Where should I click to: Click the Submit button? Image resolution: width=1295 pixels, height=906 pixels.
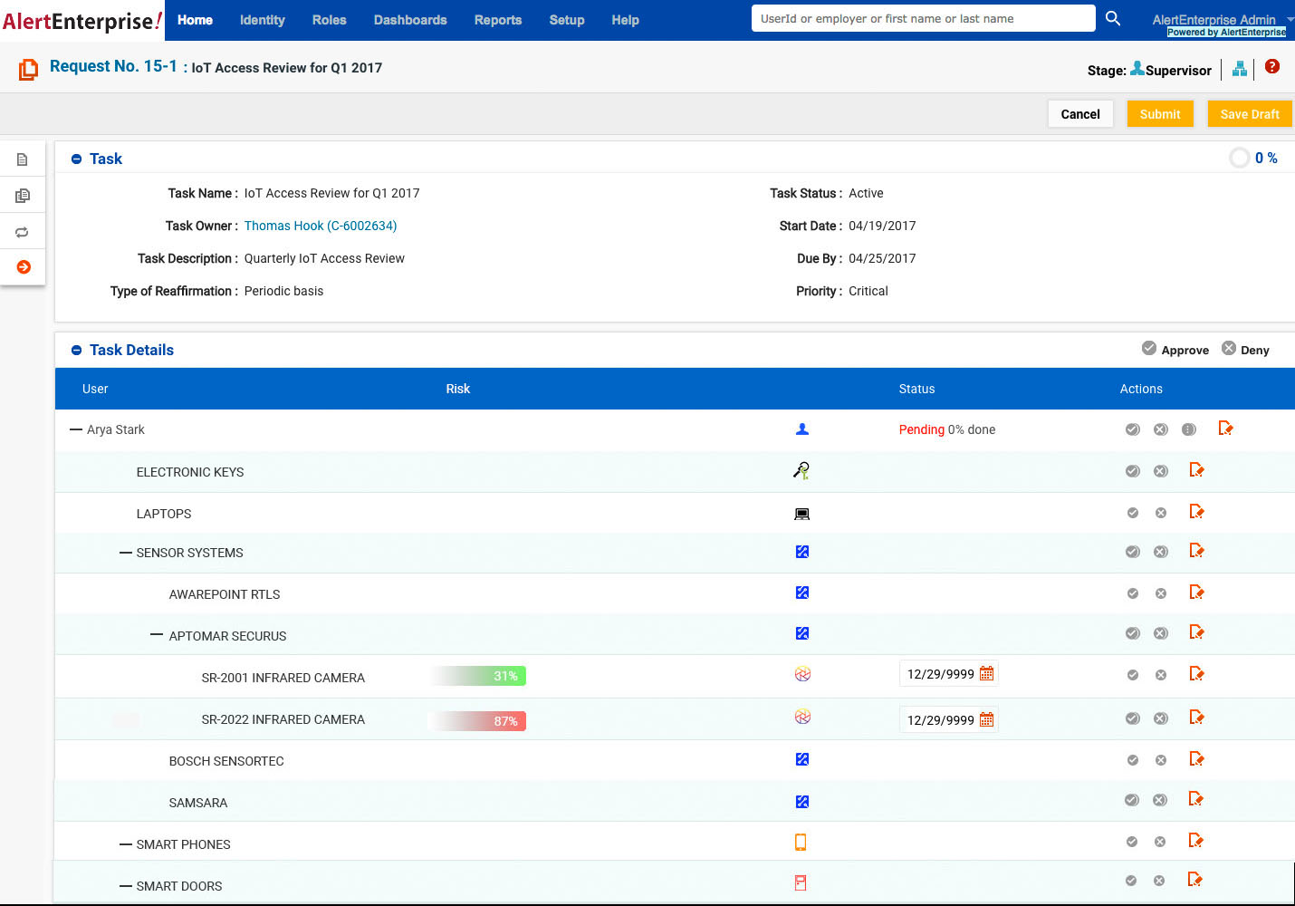1159,114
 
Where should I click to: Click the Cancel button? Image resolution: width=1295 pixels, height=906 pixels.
1079,114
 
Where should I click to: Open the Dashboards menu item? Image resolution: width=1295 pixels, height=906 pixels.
410,20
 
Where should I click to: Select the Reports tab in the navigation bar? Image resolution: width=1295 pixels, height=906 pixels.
498,20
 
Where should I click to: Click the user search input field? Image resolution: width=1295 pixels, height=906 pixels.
922,19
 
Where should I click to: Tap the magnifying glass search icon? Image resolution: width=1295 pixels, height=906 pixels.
1113,18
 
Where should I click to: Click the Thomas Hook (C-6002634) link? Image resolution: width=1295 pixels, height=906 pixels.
321,226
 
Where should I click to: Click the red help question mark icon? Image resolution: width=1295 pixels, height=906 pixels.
1272,66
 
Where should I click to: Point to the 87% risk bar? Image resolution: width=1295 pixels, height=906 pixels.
478,721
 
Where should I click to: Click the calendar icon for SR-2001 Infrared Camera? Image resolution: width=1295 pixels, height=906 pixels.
987,673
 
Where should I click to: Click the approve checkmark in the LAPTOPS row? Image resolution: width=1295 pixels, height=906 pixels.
1132,513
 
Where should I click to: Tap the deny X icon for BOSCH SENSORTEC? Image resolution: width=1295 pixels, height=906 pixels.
1161,760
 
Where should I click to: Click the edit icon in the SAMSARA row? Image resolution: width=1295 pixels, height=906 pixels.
1195,799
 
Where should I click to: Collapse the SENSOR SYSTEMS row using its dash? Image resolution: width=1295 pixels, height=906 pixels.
126,553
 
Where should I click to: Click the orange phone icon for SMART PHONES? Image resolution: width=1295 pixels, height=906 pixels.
801,843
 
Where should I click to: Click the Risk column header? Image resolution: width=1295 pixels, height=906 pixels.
457,389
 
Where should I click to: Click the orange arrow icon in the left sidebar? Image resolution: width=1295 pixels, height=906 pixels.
24,267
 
